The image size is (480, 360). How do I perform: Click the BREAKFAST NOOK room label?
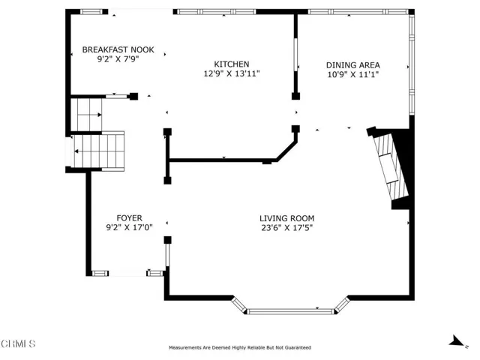[118, 49]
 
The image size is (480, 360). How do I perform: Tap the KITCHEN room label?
[232, 64]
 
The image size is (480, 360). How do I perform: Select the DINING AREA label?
[353, 65]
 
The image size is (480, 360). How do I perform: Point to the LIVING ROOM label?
[286, 218]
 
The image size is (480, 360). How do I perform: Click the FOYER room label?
[129, 218]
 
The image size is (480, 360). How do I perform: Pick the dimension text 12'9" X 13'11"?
[232, 73]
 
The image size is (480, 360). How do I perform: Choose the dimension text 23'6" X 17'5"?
[286, 228]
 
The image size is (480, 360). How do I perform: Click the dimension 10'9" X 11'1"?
[353, 75]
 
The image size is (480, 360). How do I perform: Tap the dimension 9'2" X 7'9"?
[118, 59]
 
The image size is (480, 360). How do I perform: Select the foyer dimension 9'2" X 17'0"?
[129, 228]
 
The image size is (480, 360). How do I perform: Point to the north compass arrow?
[457, 341]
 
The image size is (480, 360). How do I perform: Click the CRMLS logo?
[18, 343]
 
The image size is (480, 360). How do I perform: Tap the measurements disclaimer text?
[240, 348]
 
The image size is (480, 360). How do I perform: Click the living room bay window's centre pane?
[290, 312]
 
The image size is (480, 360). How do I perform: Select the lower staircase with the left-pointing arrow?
[98, 151]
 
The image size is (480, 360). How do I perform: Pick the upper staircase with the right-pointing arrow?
[86, 115]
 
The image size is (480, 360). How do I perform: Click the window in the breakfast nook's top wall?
[91, 12]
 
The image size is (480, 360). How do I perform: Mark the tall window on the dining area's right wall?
[412, 64]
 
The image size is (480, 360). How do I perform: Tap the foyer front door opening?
[127, 273]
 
